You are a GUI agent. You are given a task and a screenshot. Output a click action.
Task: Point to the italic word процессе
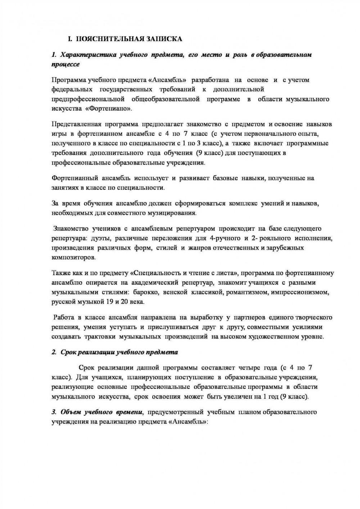click(x=66, y=64)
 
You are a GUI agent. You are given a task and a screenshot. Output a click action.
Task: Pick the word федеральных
click(x=70, y=89)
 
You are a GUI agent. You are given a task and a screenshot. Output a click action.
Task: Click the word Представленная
click(x=76, y=124)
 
